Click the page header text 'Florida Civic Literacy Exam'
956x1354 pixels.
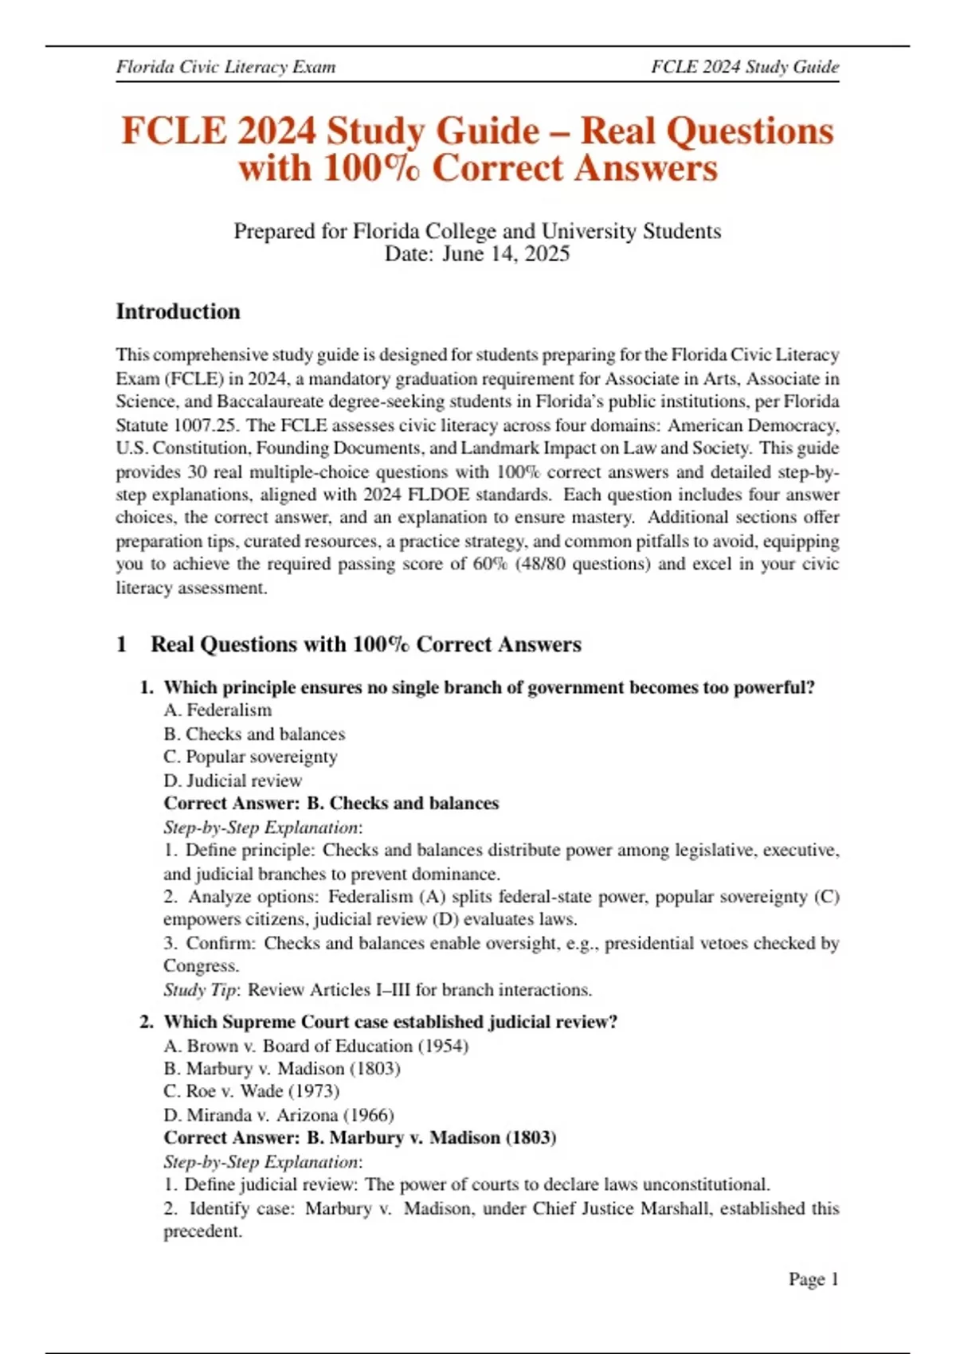click(225, 67)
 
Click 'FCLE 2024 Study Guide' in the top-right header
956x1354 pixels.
click(744, 67)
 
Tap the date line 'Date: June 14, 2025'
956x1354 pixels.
click(477, 254)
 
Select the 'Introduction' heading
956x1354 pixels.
click(178, 311)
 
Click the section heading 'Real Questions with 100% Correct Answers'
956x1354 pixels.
click(366, 644)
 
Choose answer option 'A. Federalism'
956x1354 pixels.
click(217, 710)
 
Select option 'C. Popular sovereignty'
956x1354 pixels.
click(250, 757)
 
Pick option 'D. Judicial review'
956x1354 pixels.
click(233, 781)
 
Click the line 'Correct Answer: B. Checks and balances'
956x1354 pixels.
click(331, 804)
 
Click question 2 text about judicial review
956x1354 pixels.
click(390, 1022)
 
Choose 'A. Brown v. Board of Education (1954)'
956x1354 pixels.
click(315, 1046)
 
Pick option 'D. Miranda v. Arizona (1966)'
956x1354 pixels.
click(278, 1115)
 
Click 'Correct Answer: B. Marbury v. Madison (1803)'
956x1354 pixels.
click(360, 1138)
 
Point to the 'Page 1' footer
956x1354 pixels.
click(813, 1279)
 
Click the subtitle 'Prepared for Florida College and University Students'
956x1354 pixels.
click(477, 231)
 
